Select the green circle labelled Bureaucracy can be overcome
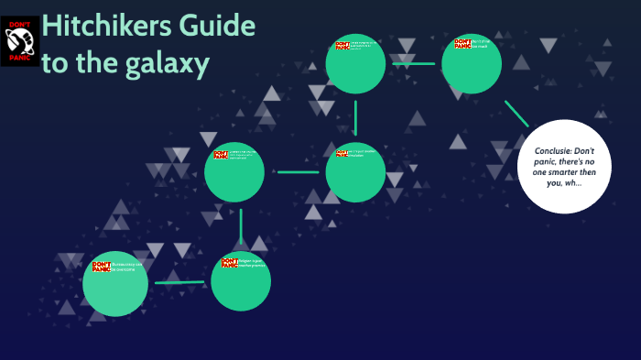coord(115,283)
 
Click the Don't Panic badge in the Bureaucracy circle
coord(102,267)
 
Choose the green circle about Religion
coord(241,281)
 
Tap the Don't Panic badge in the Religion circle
coord(229,263)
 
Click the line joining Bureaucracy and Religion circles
coord(179,282)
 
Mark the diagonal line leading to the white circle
coord(516,113)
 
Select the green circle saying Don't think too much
coord(472,63)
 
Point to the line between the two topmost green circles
coord(413,63)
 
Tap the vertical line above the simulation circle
coord(355,117)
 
